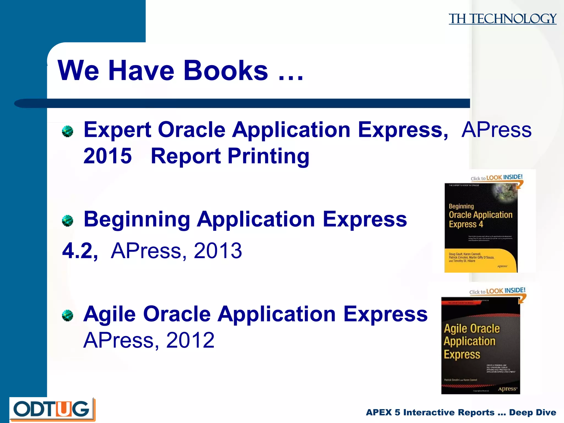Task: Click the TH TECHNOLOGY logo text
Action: [502, 19]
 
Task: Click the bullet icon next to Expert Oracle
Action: [67, 131]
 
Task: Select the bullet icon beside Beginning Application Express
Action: [67, 221]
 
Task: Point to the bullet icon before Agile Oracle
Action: [67, 315]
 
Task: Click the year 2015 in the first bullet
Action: [107, 156]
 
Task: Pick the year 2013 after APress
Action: [218, 251]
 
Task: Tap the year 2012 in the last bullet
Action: [190, 340]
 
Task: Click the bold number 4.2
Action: [80, 251]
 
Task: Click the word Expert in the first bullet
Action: [117, 130]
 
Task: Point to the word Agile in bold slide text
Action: [110, 314]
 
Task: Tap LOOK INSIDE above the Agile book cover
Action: [506, 291]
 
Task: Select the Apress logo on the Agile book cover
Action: [507, 389]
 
